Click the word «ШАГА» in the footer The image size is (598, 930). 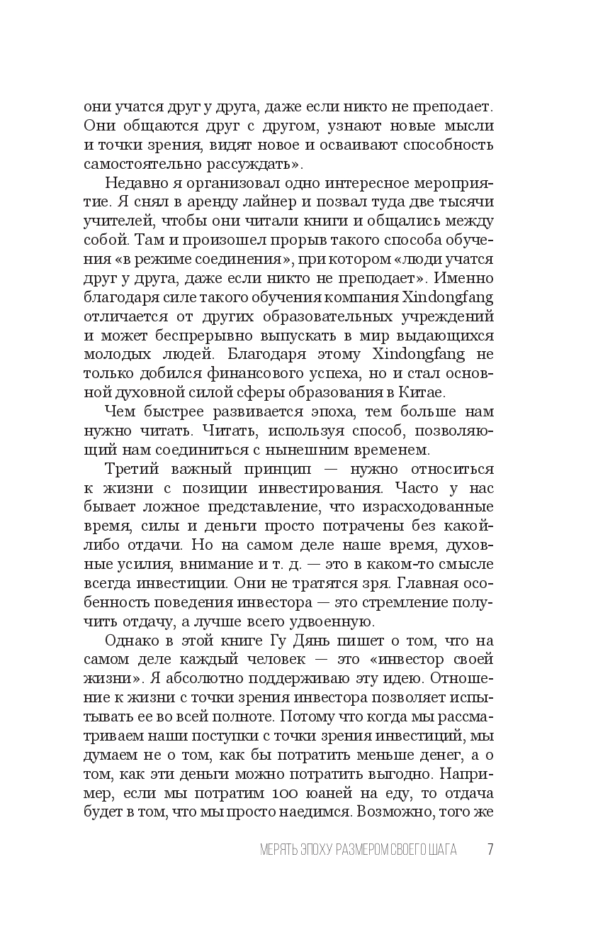(x=441, y=850)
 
